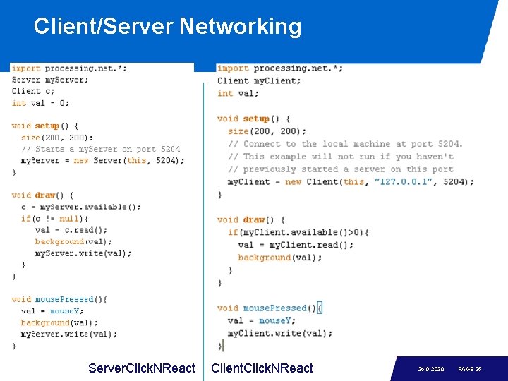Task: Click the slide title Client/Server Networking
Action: pyautogui.click(x=167, y=27)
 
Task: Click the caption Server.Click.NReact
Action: pyautogui.click(x=141, y=368)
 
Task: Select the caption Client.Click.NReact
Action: pyautogui.click(x=262, y=368)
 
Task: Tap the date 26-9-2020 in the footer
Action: pyautogui.click(x=431, y=369)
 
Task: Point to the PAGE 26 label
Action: pyautogui.click(x=470, y=369)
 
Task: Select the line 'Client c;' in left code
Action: pyautogui.click(x=32, y=91)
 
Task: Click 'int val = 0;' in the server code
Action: pyautogui.click(x=40, y=103)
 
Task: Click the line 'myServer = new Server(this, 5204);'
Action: pyautogui.click(x=102, y=160)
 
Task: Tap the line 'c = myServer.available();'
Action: pyautogui.click(x=80, y=207)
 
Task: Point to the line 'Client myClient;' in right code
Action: pyautogui.click(x=259, y=80)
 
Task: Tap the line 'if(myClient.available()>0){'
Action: pyautogui.click(x=298, y=232)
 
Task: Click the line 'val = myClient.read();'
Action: pyautogui.click(x=296, y=245)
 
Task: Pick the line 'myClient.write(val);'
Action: pyautogui.click(x=279, y=333)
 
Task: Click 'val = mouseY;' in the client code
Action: pyautogui.click(x=262, y=320)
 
